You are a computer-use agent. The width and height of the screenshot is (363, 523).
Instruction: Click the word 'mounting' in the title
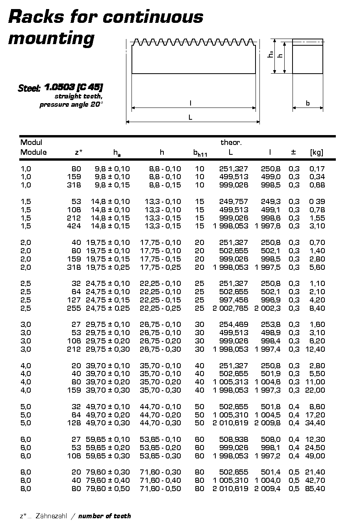pyautogui.click(x=51, y=39)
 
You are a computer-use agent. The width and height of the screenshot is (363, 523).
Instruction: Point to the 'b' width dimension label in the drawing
pyautogui.click(x=308, y=103)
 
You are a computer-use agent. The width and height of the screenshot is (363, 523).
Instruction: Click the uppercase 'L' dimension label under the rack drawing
pyautogui.click(x=191, y=117)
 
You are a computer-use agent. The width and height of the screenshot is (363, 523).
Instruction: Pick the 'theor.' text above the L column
pyautogui.click(x=231, y=143)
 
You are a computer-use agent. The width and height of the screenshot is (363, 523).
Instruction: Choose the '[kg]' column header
pyautogui.click(x=316, y=152)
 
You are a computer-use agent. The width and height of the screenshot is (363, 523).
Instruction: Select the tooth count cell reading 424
pyautogui.click(x=74, y=226)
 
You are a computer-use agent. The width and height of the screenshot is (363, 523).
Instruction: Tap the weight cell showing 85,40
pyautogui.click(x=315, y=489)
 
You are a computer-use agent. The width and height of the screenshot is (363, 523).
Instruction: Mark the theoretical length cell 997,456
pyautogui.click(x=233, y=300)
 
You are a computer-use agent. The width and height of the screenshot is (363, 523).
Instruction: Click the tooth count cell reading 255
pyautogui.click(x=74, y=308)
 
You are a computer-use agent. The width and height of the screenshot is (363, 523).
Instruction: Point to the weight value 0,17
pyautogui.click(x=317, y=169)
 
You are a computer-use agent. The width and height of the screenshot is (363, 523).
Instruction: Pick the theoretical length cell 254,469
pyautogui.click(x=233, y=325)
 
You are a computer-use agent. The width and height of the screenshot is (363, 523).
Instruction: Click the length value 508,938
pyautogui.click(x=233, y=440)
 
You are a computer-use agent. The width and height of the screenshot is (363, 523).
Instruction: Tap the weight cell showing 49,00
pyautogui.click(x=315, y=456)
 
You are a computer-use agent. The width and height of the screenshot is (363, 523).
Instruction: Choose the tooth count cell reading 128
pyautogui.click(x=74, y=423)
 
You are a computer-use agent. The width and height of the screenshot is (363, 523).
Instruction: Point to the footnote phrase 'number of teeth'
pyautogui.click(x=104, y=516)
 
